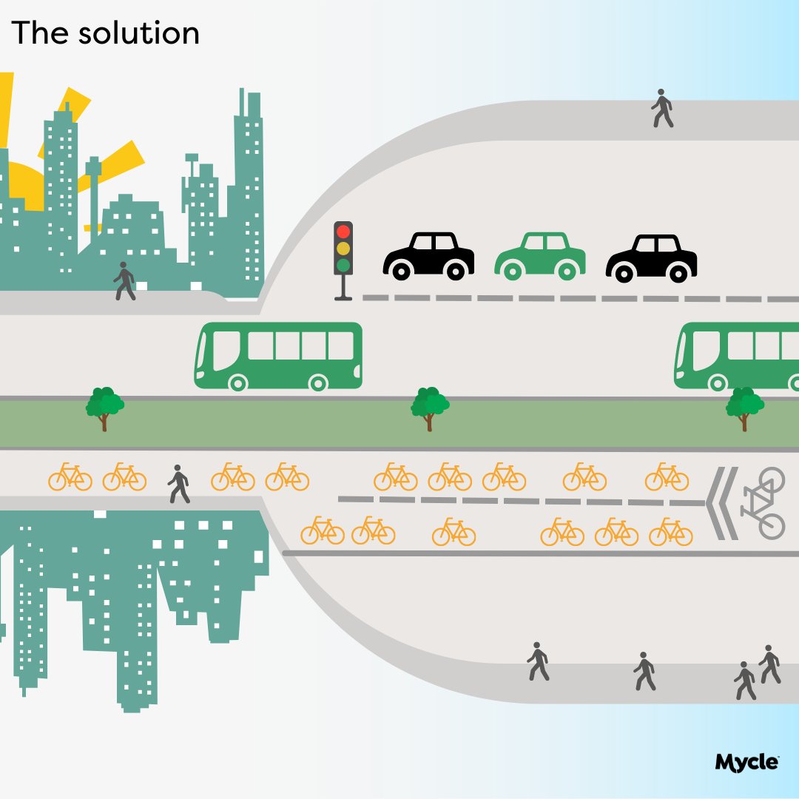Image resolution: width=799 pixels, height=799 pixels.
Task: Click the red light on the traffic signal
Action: (x=343, y=231)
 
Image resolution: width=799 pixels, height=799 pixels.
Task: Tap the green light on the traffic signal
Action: (x=343, y=264)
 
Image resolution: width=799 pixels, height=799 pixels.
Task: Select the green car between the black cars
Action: (x=540, y=257)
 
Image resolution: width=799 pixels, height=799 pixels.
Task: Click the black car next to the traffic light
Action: (x=428, y=256)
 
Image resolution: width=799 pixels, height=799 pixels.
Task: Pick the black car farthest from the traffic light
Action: (x=651, y=258)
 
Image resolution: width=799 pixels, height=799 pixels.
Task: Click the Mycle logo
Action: (x=747, y=762)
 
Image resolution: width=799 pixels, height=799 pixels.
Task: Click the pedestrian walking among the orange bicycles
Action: (x=178, y=485)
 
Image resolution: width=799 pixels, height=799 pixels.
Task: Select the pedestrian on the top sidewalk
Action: (x=661, y=109)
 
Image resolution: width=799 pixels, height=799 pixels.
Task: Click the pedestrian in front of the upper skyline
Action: (x=124, y=281)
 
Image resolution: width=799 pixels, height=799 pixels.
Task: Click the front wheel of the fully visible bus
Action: (x=237, y=382)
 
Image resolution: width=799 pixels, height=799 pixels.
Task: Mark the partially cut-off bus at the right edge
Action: (x=736, y=355)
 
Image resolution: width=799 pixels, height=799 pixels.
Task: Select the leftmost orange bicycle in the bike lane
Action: (x=70, y=477)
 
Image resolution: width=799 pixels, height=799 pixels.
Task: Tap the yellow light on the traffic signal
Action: (x=343, y=248)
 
